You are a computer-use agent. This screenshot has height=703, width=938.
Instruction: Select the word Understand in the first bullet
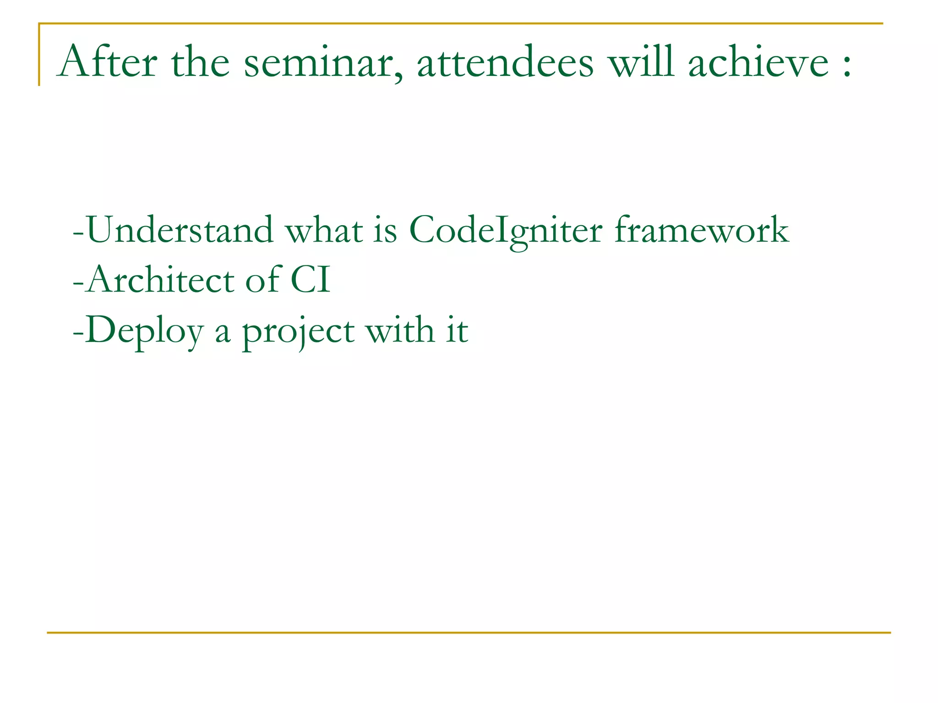[180, 230]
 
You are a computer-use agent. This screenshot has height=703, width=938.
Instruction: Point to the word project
[298, 332]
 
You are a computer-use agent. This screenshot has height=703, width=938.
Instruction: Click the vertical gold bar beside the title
[39, 55]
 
